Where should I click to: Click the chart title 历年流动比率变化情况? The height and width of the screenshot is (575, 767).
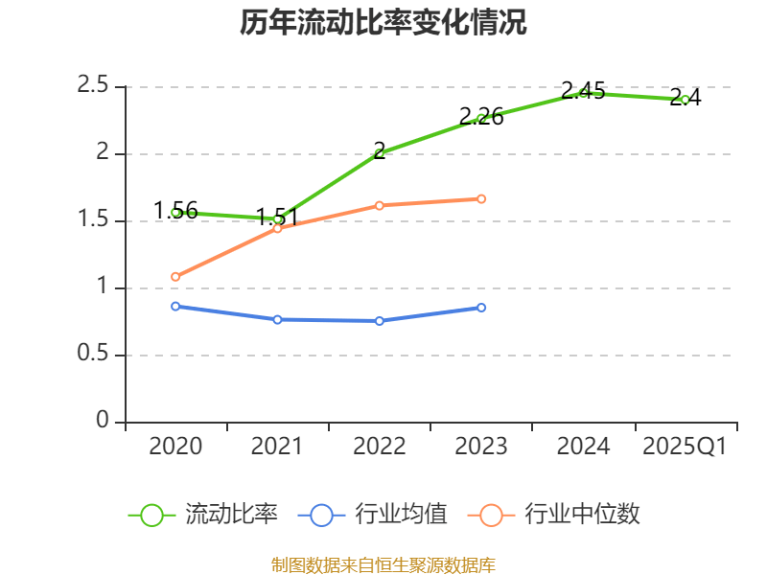coord(383,23)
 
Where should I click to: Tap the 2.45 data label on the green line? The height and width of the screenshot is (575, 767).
coord(583,91)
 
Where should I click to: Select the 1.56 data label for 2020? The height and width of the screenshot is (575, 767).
coord(175,211)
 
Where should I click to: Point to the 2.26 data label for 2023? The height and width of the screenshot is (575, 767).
coord(481,117)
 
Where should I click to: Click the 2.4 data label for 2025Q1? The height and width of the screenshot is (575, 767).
coord(686,97)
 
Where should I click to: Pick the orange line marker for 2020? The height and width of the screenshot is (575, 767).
coord(175,277)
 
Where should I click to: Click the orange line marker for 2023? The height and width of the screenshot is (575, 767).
coord(481,199)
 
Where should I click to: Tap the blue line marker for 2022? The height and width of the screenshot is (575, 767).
coord(380,321)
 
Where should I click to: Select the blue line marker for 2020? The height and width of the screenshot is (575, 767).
coord(175,307)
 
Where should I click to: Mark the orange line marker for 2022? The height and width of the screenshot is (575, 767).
coord(380,205)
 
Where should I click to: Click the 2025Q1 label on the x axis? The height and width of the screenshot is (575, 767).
coord(685,447)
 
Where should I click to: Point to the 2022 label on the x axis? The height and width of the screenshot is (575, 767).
coord(380,447)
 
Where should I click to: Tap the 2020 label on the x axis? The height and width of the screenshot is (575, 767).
coord(175,447)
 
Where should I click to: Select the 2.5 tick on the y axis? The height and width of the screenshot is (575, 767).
coord(93,85)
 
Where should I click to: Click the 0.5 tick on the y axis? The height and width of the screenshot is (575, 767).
coord(93,355)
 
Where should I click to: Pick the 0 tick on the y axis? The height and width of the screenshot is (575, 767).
coord(103,422)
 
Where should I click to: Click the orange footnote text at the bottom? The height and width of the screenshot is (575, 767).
coord(383,564)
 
